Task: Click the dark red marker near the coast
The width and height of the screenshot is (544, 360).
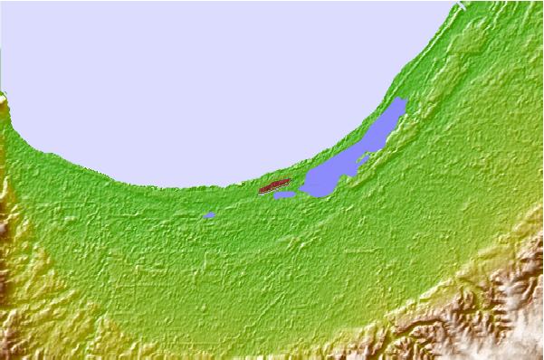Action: tap(274, 187)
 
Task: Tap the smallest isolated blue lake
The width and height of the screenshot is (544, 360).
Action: tap(209, 215)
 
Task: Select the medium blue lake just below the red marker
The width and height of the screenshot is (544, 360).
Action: tap(284, 195)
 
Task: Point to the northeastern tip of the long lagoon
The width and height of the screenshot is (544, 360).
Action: tap(404, 99)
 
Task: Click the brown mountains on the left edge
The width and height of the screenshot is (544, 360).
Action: tap(7, 226)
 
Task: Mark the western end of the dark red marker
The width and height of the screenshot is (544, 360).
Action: tap(262, 191)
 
